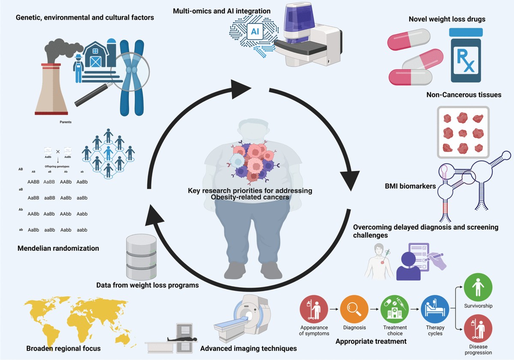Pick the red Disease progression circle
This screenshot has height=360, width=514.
[478, 328]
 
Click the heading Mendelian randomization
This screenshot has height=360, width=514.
[58, 248]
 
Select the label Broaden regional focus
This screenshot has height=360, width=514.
[63, 348]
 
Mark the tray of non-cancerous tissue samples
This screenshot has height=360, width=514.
[463, 132]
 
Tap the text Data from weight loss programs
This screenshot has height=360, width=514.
[147, 285]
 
